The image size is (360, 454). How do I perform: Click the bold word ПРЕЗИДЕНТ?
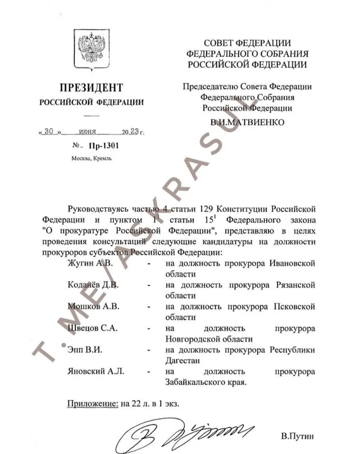pyautogui.click(x=91, y=88)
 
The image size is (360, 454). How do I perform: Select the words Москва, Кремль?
pyautogui.click(x=91, y=159)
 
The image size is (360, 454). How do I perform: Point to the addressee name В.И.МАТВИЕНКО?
pyautogui.click(x=247, y=122)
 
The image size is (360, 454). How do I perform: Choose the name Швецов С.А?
pyautogui.click(x=93, y=328)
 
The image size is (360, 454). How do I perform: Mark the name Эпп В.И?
pyautogui.click(x=85, y=350)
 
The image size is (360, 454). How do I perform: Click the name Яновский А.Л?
pyautogui.click(x=96, y=372)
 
